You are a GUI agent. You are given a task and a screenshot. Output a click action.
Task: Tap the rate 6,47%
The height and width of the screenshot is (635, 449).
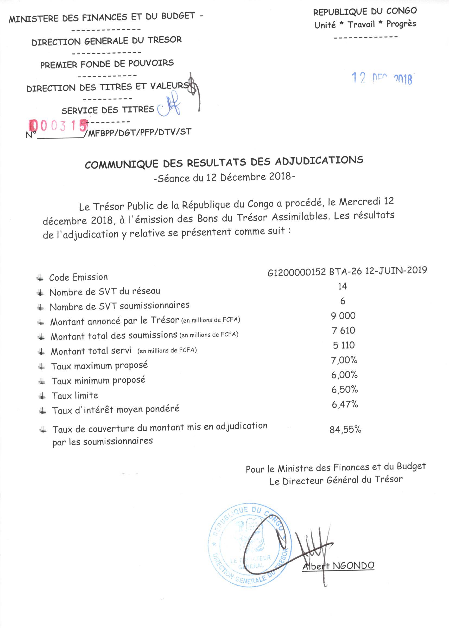[345, 405]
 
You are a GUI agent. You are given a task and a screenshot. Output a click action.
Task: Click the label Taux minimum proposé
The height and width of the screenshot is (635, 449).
[98, 381]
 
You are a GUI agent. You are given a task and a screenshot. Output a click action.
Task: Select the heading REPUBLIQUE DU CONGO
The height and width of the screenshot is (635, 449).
[365, 12]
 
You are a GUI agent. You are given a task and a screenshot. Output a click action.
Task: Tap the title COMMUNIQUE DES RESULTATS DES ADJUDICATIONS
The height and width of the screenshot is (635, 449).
[224, 162]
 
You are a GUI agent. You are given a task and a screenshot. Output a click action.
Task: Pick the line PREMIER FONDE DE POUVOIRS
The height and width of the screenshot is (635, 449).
[107, 64]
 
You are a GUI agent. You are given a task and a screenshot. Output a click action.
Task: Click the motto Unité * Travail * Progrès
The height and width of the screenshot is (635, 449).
[365, 25]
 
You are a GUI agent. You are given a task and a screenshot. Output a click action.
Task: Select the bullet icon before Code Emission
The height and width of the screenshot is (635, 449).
[40, 278]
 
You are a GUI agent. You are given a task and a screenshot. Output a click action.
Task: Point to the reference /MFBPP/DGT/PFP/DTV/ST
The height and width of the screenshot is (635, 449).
[138, 133]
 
